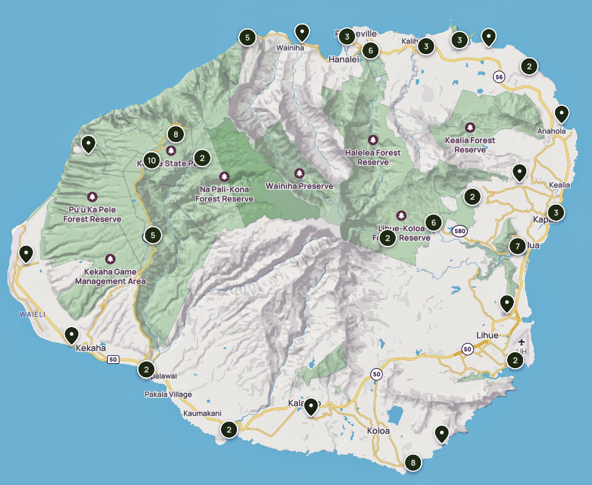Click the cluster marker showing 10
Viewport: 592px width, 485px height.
click(152, 160)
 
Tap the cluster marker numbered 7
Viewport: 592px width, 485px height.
click(518, 246)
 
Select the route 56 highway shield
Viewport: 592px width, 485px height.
click(498, 77)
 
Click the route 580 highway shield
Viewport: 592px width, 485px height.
click(458, 232)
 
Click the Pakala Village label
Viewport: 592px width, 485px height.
click(168, 394)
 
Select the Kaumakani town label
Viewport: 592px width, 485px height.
click(202, 414)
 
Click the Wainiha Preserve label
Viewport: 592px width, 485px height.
click(299, 186)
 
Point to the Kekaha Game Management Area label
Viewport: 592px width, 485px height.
click(110, 277)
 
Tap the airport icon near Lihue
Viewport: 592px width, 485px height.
click(522, 342)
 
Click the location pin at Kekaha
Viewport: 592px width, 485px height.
click(72, 336)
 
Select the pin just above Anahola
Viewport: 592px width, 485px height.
click(561, 114)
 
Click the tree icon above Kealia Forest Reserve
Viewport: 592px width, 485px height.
click(470, 127)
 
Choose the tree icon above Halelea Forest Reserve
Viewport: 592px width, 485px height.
click(372, 140)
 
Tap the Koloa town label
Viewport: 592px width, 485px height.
click(378, 431)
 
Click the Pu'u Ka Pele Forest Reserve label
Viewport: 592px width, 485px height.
click(92, 214)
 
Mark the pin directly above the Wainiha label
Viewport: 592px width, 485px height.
click(302, 32)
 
